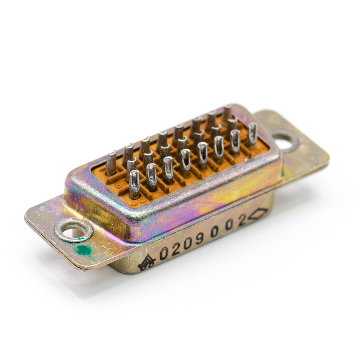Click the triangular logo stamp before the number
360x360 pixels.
147,263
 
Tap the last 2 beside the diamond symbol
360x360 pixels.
242,220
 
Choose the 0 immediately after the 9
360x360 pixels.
214,232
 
